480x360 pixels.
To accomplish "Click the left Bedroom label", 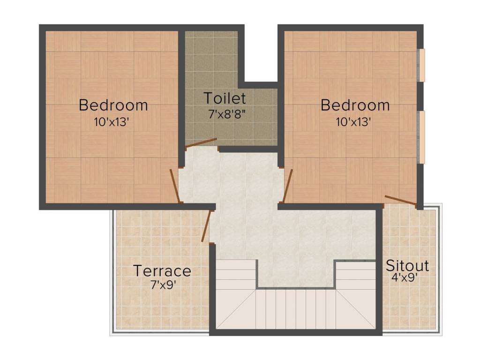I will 113,105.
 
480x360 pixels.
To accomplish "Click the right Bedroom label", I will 355,105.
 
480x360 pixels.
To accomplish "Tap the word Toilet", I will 225,98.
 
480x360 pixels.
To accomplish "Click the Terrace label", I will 162,271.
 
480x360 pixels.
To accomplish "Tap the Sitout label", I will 407,266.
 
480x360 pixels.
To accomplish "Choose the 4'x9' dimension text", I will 405,277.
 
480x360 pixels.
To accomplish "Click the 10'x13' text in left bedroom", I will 111,122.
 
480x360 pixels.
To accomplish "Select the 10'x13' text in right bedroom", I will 353,122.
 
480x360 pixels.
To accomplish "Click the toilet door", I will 201,143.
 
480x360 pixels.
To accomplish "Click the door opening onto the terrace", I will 205,226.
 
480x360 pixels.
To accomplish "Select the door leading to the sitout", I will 400,200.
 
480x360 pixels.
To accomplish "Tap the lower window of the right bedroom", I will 421,137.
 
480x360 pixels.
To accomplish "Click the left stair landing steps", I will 236,277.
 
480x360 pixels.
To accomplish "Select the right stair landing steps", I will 356,277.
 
